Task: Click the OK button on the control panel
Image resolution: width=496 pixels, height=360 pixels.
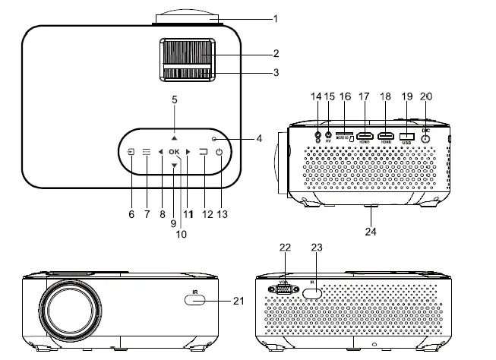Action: (174, 153)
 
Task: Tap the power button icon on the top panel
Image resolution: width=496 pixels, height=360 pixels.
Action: (220, 153)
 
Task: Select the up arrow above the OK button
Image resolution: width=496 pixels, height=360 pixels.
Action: (174, 139)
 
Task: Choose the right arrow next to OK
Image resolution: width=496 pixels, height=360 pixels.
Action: (188, 153)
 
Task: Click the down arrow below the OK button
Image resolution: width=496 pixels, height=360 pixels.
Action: (174, 166)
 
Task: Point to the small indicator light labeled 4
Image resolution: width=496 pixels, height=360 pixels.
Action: (215, 139)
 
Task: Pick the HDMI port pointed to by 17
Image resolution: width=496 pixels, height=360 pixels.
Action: (365, 135)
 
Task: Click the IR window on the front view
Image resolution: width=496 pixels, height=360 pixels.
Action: (194, 302)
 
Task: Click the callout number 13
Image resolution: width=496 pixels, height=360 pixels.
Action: (222, 215)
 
